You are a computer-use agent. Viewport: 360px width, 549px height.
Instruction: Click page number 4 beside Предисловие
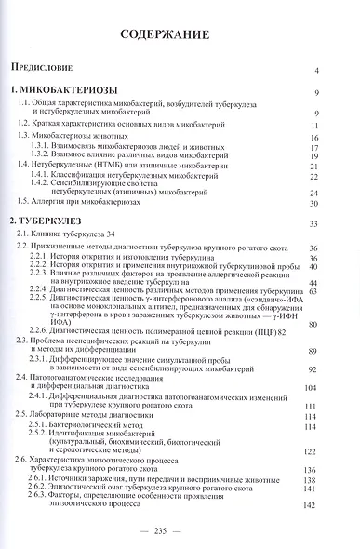(317, 71)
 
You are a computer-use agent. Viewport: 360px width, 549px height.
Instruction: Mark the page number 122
(313, 449)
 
